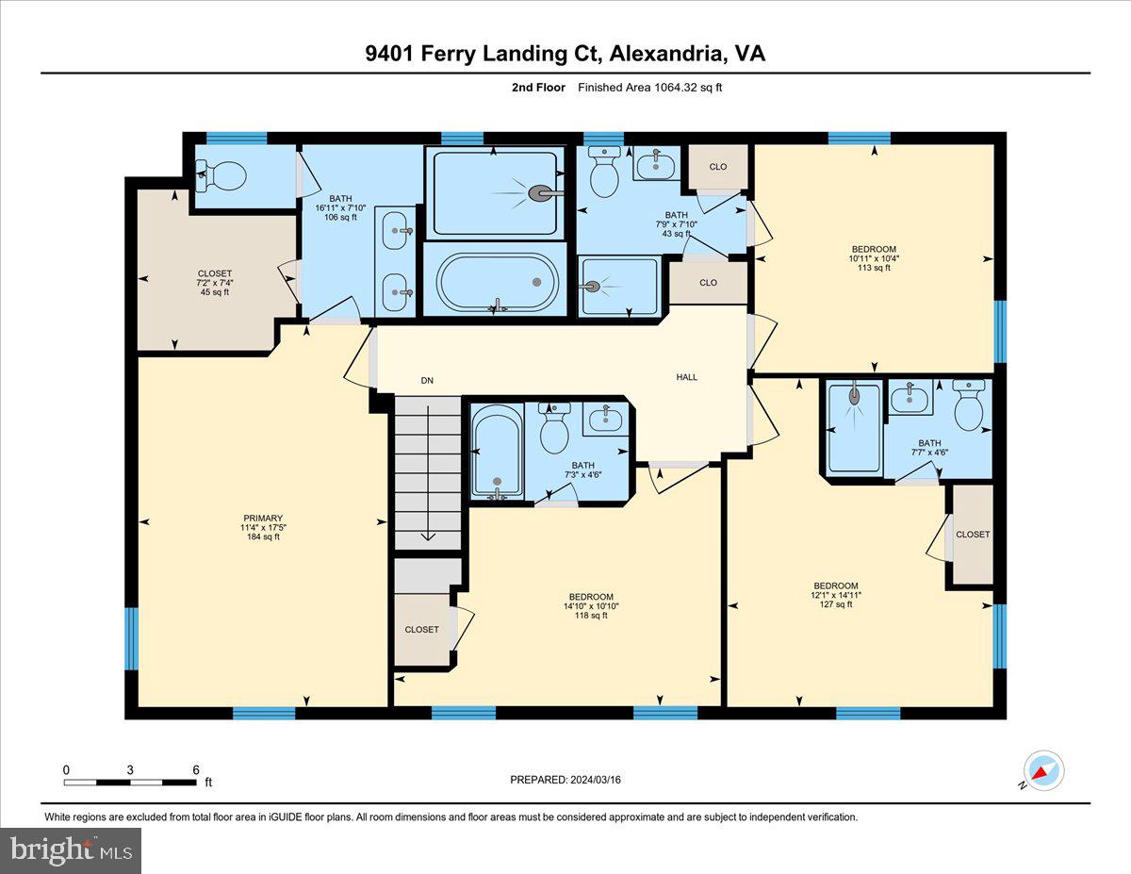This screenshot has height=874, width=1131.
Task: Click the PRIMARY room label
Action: (262, 518)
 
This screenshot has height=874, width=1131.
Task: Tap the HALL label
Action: (687, 377)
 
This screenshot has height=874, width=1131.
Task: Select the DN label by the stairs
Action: (427, 381)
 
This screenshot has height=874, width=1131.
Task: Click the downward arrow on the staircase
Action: (428, 535)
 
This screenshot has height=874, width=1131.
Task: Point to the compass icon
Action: (1044, 770)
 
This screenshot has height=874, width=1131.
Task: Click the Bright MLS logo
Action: (72, 850)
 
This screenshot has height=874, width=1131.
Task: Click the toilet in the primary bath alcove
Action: (222, 174)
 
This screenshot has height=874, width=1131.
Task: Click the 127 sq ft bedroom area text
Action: (836, 605)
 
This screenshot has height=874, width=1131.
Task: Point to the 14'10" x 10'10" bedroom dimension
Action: (591, 606)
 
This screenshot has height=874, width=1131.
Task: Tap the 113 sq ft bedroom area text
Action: (874, 268)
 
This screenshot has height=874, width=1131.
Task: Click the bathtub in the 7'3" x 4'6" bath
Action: (497, 451)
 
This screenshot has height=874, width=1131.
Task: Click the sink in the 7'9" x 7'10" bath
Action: (654, 166)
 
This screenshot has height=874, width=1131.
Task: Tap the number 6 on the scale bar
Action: (196, 769)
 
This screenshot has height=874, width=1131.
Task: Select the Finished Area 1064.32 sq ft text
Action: (649, 88)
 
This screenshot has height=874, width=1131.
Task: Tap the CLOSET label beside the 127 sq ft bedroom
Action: (973, 535)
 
